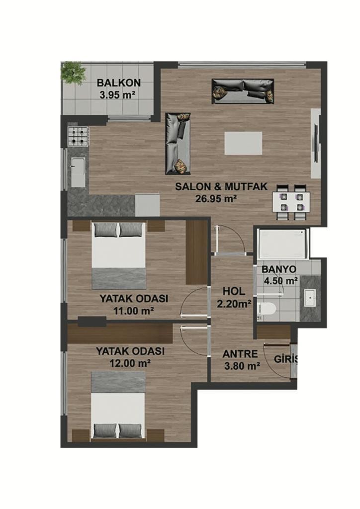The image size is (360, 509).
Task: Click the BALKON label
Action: [119, 83]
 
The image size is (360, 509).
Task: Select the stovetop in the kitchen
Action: [78, 136]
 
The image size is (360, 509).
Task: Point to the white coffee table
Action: [243, 143]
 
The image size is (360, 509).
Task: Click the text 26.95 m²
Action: [215, 198]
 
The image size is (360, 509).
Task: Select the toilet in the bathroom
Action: [266, 309]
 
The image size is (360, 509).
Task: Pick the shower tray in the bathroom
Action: [282, 244]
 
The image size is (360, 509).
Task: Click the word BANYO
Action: [279, 269]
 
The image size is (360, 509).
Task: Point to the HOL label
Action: [234, 291]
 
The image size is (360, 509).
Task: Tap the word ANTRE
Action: [240, 353]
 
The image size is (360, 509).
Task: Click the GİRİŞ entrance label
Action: [285, 359]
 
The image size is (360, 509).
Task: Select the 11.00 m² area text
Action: [133, 311]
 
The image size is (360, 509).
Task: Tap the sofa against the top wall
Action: [243, 91]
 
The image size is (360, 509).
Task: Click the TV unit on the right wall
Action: [316, 143]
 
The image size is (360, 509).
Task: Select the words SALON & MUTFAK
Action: [221, 186]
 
